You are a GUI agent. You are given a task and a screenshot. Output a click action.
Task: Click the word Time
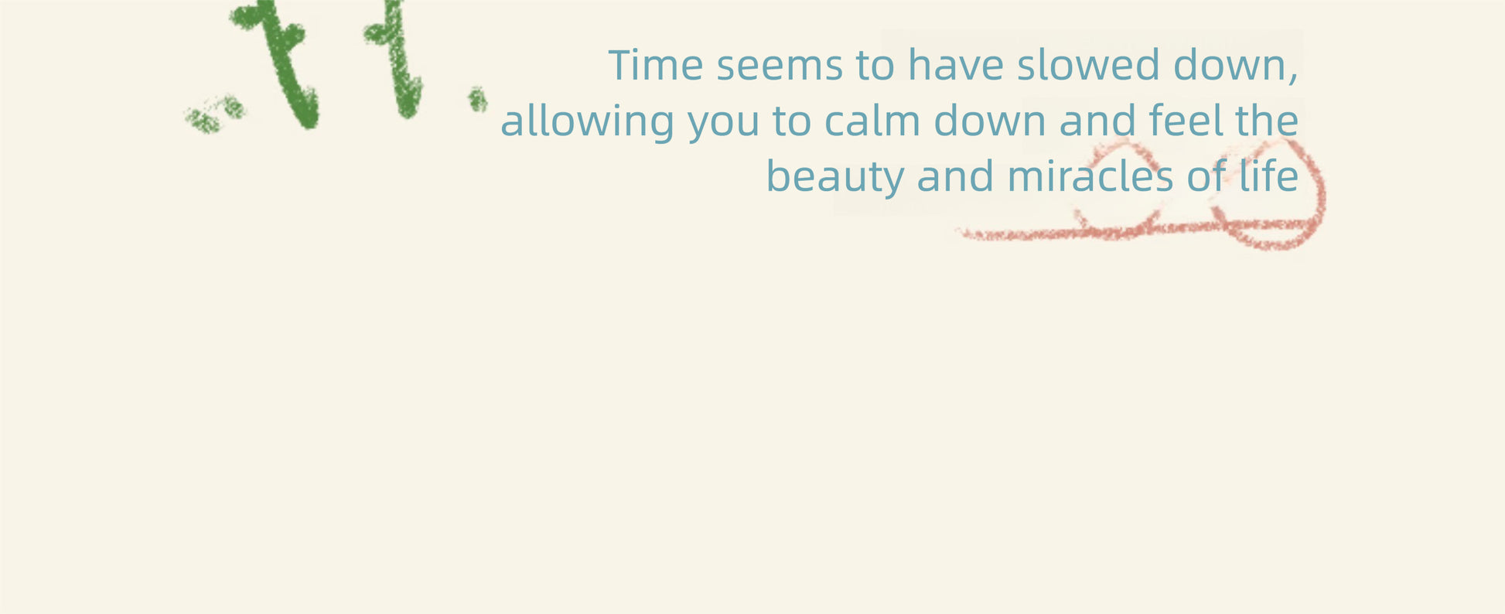pos(656,65)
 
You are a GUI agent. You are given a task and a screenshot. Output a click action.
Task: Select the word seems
pos(780,67)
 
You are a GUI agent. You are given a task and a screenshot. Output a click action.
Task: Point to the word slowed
pos(1088,65)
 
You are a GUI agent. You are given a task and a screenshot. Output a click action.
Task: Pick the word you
pos(723,126)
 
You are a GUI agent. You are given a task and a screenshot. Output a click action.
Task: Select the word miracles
pos(1090,176)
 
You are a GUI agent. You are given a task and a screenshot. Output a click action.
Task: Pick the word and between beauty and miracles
pos(956,176)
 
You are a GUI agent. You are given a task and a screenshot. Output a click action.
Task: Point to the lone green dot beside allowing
pos(477,99)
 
